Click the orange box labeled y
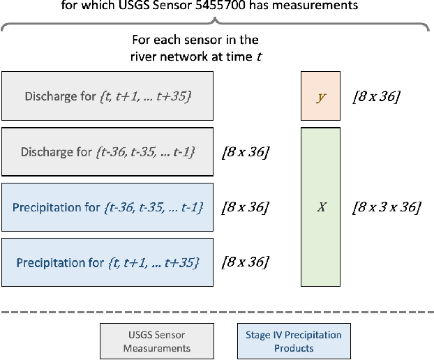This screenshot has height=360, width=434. [321, 96]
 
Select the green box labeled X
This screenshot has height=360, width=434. [321, 207]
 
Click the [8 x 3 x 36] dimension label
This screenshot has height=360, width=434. [387, 207]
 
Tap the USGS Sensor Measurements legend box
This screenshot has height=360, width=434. [157, 341]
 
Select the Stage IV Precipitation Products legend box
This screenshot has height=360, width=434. [293, 341]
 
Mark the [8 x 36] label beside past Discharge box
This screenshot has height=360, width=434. [244, 151]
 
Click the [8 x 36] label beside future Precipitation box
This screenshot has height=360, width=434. [244, 262]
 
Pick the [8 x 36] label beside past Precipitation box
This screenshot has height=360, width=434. [244, 207]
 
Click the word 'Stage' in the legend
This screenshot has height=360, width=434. [259, 335]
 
